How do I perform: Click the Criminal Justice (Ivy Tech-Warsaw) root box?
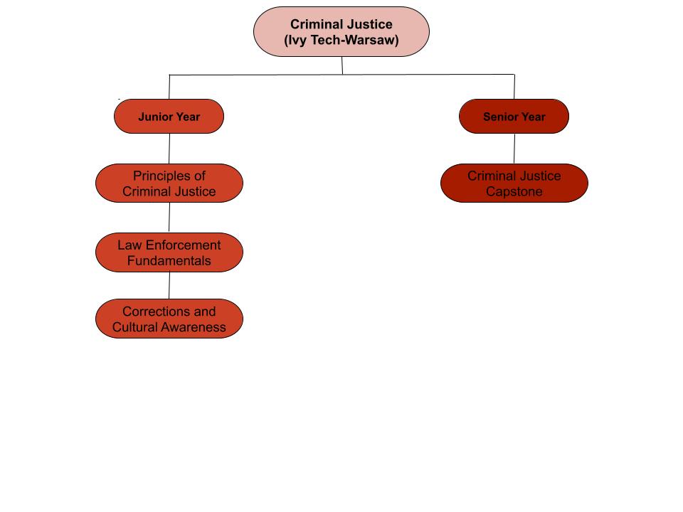pos(341,32)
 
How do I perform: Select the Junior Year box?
pos(169,116)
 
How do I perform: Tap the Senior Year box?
pos(514,116)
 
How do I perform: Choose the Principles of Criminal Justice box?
pos(169,183)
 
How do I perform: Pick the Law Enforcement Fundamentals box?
pos(169,252)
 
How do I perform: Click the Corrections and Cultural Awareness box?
pos(169,319)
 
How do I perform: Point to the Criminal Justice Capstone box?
pos(514,183)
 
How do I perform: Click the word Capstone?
pos(514,191)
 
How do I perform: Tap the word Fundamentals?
pos(169,261)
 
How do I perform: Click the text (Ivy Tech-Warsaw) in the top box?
pos(341,41)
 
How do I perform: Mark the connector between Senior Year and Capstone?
pos(514,148)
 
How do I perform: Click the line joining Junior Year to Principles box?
pos(169,148)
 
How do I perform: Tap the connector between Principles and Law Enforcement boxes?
pos(169,217)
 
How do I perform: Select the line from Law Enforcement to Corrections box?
pos(169,285)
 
